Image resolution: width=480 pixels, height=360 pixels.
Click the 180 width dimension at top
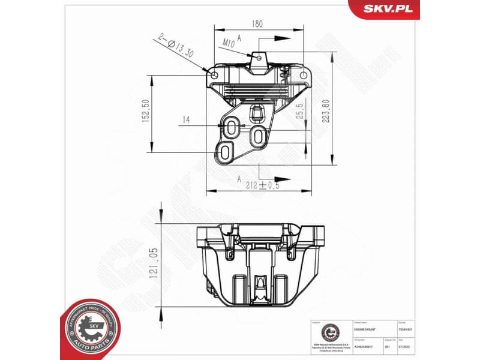point(257,25)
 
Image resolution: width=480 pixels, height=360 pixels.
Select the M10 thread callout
point(228,43)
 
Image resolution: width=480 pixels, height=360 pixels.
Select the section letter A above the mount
point(239,37)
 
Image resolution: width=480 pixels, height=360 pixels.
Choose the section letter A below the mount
point(239,178)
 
